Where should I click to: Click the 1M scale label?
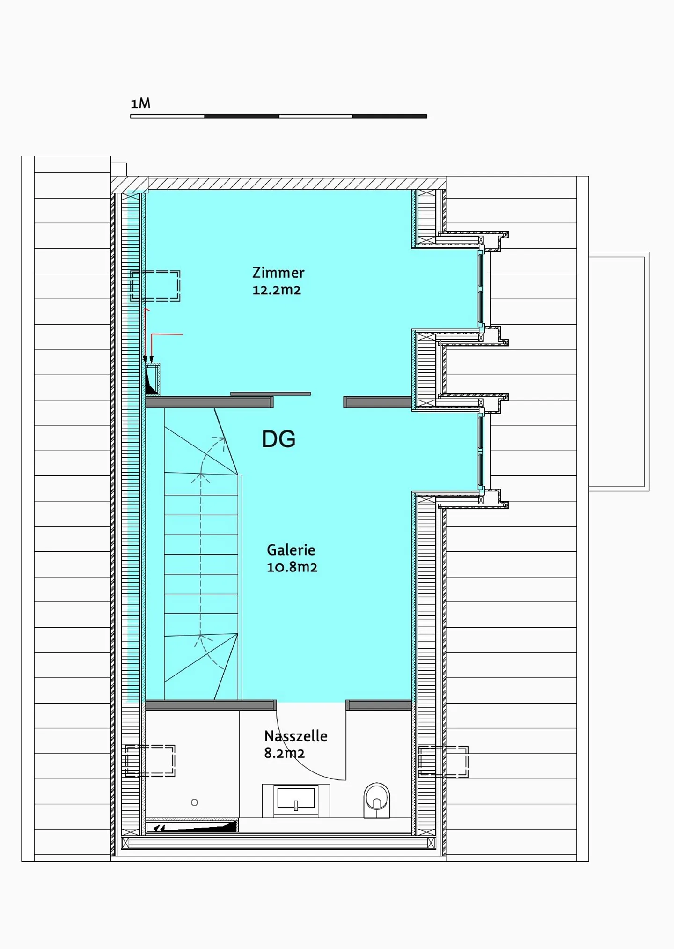(140, 103)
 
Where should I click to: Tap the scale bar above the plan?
(278, 116)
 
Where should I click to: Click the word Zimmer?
(278, 273)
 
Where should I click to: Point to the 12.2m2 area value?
(277, 290)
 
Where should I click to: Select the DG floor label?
(278, 439)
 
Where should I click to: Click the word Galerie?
(291, 550)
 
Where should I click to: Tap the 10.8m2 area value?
(292, 567)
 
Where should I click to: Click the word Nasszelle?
(296, 736)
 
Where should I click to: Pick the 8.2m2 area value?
(284, 753)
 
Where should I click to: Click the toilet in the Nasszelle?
(377, 800)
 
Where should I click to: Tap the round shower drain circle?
(195, 802)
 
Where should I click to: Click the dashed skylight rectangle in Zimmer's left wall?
(155, 286)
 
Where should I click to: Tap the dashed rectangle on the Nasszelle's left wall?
(150, 761)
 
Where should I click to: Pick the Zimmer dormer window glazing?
(481, 289)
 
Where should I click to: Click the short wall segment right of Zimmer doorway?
(378, 402)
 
